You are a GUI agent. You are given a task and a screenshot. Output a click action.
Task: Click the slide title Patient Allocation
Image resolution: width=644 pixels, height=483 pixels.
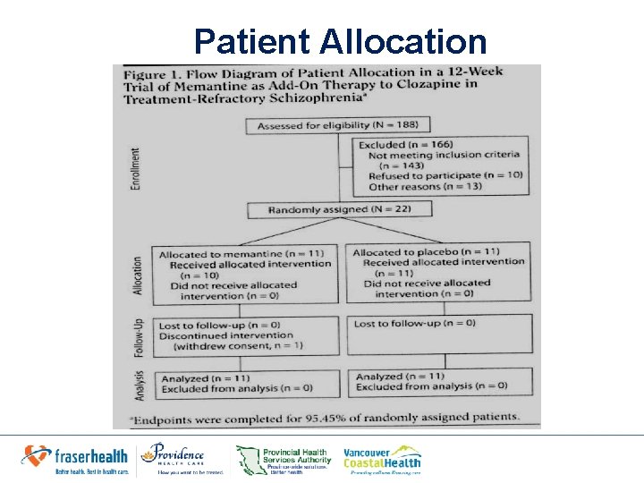pos(340,41)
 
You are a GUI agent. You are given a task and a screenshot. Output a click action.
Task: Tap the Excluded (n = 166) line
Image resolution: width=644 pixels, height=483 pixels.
pos(405,144)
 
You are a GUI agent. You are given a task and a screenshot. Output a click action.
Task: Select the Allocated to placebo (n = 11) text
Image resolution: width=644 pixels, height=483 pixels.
pos(426,252)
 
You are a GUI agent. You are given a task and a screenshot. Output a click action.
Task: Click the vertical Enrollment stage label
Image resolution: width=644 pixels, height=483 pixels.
pos(135,168)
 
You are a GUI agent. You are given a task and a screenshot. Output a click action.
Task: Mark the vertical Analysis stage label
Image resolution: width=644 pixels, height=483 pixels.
pos(139,382)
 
